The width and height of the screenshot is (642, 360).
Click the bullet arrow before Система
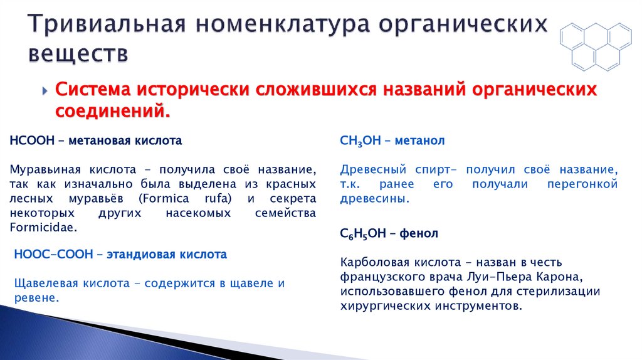(x=46, y=90)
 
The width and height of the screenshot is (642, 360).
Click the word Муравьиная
(x=42, y=170)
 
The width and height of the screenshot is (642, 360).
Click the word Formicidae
(x=43, y=227)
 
